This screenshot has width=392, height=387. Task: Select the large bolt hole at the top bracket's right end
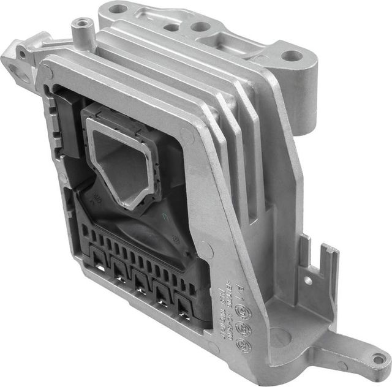tap(293, 56)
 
